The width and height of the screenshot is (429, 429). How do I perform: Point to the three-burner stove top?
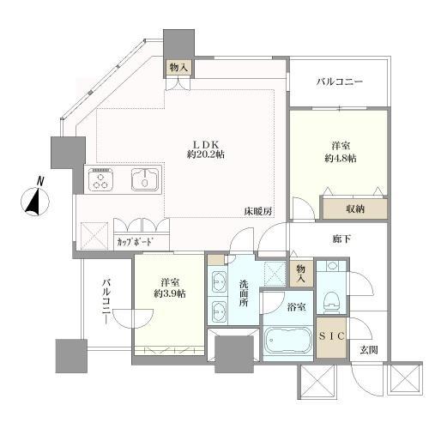tap(100, 181)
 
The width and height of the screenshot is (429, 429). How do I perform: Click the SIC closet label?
tap(331, 338)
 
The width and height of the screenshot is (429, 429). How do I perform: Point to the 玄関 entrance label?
tap(369, 349)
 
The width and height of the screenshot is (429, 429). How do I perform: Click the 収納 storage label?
tap(354, 208)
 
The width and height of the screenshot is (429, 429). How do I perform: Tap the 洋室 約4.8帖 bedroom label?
tap(338, 152)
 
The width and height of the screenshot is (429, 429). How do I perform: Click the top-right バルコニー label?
tap(339, 82)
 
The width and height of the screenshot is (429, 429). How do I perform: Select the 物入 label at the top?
tap(178, 66)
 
